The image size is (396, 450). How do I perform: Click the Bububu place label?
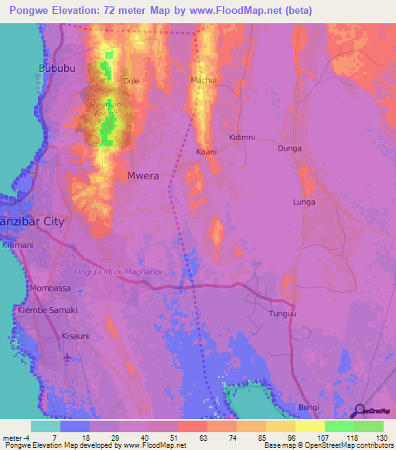[x=53, y=69]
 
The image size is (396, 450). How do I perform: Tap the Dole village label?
[x=131, y=80]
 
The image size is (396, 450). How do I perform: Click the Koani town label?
[x=207, y=152]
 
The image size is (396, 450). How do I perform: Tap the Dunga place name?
[x=289, y=148]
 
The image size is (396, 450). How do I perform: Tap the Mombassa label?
[x=49, y=288]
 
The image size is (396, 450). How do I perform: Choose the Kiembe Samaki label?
[x=47, y=309]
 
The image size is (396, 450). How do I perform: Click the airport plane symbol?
[x=68, y=357]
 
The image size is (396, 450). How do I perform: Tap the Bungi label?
[x=308, y=407]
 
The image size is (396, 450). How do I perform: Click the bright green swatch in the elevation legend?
[x=339, y=426]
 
